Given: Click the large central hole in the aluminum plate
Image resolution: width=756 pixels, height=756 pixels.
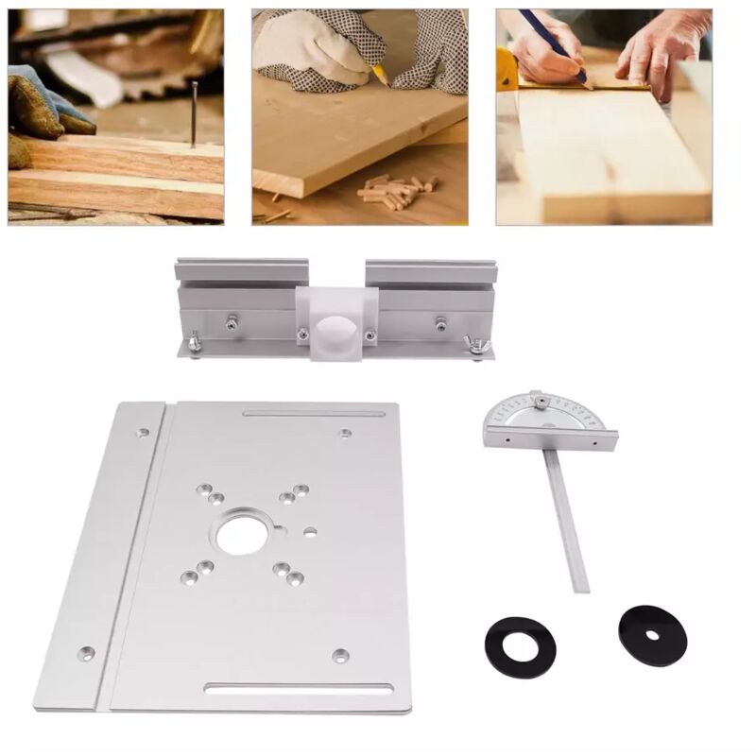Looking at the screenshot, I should [x=242, y=536].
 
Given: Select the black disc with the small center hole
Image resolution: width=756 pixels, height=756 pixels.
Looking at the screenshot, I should [x=652, y=634].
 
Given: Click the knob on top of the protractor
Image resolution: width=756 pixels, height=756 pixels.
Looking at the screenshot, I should [x=537, y=401].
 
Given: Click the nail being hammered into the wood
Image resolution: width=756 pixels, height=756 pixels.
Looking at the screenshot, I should [x=195, y=114].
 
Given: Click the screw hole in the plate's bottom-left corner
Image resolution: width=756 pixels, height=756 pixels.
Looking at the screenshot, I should [x=87, y=652].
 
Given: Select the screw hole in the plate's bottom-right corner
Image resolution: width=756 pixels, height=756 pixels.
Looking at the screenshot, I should [x=341, y=655].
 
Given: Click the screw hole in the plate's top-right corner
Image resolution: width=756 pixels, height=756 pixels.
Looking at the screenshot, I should [x=346, y=434].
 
